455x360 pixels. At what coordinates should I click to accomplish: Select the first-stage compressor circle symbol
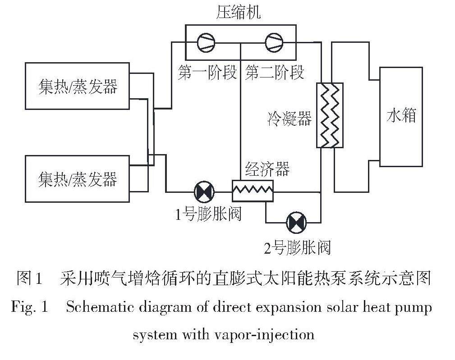click(206, 43)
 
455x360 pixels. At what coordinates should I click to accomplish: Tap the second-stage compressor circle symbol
click(274, 43)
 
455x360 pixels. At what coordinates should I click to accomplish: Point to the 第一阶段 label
click(207, 72)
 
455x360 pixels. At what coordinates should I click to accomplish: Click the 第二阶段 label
click(275, 72)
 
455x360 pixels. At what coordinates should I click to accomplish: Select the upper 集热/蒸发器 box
click(77, 86)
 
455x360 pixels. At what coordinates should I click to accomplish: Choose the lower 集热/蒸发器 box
click(77, 178)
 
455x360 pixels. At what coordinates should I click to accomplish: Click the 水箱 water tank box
click(401, 116)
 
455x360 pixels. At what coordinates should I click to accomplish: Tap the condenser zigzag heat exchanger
click(329, 115)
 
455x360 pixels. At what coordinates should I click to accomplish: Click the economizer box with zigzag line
click(253, 191)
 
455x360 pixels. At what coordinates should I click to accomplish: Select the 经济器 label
click(267, 169)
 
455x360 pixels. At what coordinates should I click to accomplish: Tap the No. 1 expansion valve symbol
click(204, 192)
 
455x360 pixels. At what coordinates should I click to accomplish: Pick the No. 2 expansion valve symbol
click(296, 222)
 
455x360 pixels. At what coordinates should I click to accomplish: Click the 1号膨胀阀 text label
click(208, 213)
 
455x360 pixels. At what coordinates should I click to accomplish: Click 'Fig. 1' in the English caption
click(30, 307)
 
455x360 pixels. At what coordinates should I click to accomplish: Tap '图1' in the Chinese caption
click(30, 278)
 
